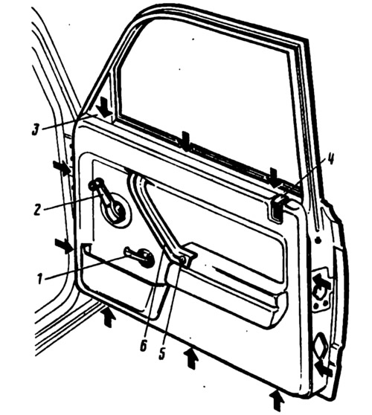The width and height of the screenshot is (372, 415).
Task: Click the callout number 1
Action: click(39, 279)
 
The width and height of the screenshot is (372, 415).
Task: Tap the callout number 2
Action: click(37, 209)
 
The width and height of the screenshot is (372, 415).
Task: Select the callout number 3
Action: click(35, 129)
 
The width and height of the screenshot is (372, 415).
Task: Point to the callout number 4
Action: click(330, 160)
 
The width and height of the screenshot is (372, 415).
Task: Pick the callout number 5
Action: click(161, 353)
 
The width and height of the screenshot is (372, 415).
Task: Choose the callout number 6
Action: click(144, 345)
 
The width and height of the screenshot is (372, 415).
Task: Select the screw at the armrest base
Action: click(182, 260)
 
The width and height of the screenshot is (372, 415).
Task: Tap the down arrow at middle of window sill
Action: click(185, 141)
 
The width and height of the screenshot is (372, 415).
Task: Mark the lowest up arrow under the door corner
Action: click(277, 402)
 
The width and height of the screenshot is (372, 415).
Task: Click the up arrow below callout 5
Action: click(191, 358)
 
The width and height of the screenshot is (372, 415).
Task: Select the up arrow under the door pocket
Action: click(108, 317)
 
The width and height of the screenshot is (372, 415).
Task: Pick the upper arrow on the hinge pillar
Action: click(62, 168)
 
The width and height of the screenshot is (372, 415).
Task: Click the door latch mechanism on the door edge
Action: click(321, 291)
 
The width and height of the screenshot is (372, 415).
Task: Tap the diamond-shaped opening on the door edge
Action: click(321, 344)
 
